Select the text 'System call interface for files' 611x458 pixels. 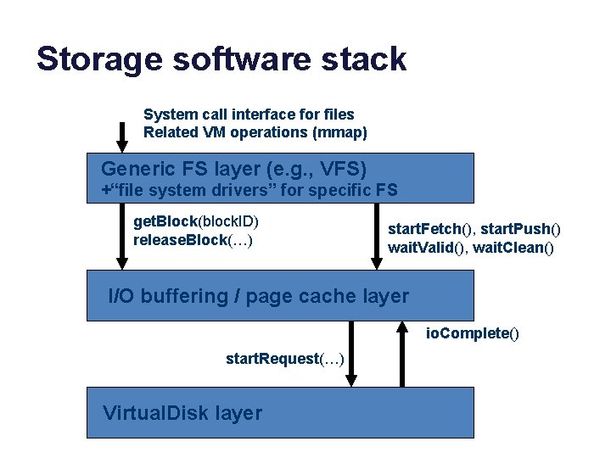pyautogui.click(x=249, y=114)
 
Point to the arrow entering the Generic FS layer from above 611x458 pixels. pyautogui.click(x=121, y=137)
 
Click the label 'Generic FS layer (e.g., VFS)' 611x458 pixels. pyautogui.click(x=233, y=168)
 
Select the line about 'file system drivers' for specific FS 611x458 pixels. pyautogui.click(x=249, y=190)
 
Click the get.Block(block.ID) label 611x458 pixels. pyautogui.click(x=196, y=222)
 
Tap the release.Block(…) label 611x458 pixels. pyautogui.click(x=193, y=240)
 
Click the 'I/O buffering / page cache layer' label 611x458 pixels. pyautogui.click(x=258, y=296)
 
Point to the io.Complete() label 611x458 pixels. pyautogui.click(x=472, y=333)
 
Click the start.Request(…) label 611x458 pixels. pyautogui.click(x=284, y=360)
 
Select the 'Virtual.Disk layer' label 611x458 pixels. pyautogui.click(x=182, y=413)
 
